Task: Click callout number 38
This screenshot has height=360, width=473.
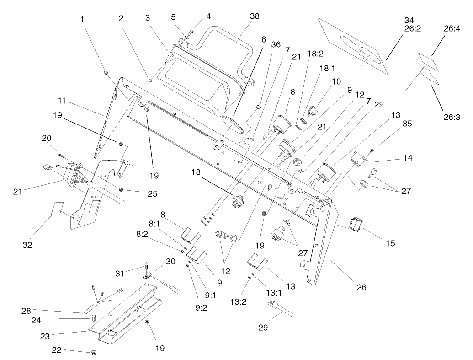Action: (254, 16)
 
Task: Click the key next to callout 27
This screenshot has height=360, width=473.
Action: (372, 172)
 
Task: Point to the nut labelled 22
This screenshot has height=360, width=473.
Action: (93, 351)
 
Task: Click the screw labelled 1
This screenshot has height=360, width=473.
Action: (106, 72)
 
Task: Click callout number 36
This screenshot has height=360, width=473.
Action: (276, 44)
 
